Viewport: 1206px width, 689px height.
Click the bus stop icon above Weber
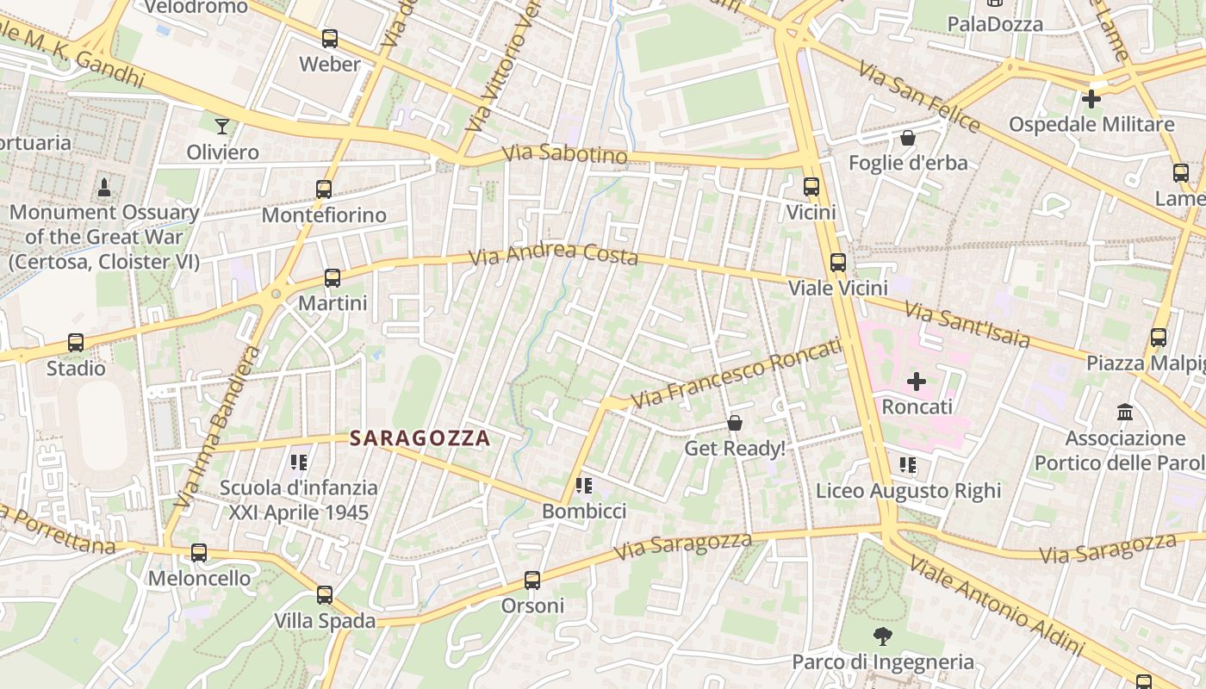pos(329,39)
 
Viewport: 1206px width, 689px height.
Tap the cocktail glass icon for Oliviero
pos(222,127)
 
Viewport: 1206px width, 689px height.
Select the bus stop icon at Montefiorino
pos(324,189)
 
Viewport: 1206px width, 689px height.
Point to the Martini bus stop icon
pos(333,277)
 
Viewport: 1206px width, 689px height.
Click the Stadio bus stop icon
pos(76,343)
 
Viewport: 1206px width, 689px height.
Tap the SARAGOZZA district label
pos(420,438)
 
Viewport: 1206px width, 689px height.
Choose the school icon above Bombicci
pos(584,486)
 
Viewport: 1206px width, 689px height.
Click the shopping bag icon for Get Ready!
pos(735,423)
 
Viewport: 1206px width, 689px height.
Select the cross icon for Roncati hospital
pos(917,381)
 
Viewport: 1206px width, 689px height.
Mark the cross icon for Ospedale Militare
pos(1091,99)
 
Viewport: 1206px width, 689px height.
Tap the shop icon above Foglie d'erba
pos(907,138)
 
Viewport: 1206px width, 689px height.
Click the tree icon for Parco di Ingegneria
pos(882,636)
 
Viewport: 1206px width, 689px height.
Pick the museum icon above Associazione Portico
pos(1124,413)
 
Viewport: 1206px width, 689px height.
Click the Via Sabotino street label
pos(564,153)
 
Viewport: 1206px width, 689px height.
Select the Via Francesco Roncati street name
pos(736,374)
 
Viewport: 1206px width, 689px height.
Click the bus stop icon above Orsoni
pos(532,580)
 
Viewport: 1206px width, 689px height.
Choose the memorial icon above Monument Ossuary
pos(104,187)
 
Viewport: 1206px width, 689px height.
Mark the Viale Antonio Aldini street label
pos(996,605)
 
